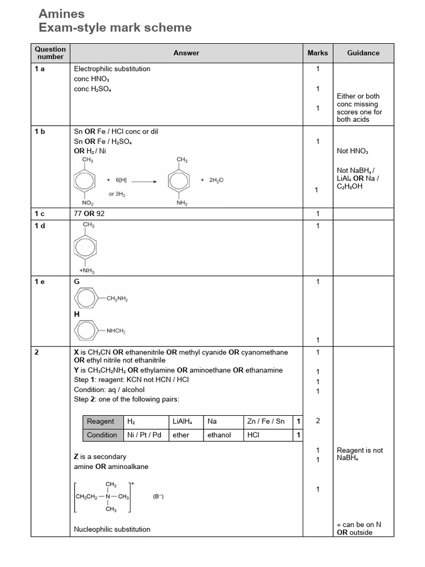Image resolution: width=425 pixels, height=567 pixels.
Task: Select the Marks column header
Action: point(318,53)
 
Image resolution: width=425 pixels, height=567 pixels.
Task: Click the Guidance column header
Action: point(363,53)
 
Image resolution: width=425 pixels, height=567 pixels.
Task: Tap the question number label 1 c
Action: point(40,214)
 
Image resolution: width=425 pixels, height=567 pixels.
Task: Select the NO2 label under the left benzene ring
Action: point(88,204)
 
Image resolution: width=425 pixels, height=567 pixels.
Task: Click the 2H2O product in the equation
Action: point(216,180)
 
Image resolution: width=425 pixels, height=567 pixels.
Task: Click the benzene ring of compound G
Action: point(86,300)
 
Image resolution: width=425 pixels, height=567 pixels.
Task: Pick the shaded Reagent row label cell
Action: point(103,421)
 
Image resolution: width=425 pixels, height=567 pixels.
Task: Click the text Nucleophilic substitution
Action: point(112,529)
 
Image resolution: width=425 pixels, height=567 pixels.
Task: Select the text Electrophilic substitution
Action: point(112,69)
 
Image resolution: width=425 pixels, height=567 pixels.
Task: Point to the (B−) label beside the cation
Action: point(158,497)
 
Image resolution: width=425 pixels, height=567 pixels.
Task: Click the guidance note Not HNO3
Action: point(352,151)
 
